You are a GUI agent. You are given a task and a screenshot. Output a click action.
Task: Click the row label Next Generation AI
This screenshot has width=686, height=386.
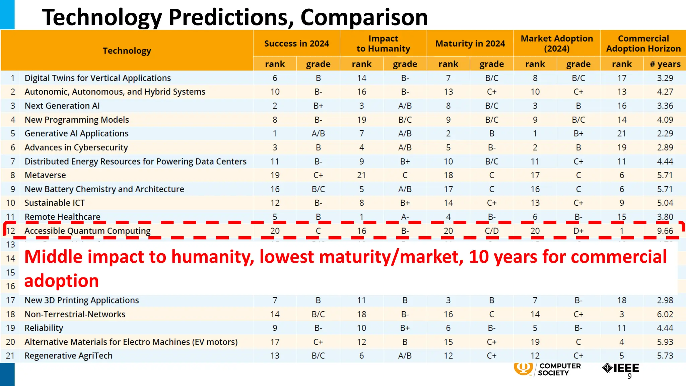pos(62,106)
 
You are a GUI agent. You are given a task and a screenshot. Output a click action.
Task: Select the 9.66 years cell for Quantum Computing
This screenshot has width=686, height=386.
pos(665,231)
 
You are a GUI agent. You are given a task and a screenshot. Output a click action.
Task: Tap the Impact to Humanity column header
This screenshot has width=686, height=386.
pos(383,44)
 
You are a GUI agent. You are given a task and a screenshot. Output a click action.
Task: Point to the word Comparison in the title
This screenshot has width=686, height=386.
pos(364,17)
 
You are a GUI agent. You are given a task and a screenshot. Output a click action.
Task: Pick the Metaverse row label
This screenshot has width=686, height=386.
pos(45,175)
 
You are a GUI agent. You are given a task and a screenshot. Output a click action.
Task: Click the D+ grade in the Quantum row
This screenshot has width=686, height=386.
pos(578,231)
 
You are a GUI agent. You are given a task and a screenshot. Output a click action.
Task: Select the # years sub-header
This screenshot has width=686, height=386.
pos(665,64)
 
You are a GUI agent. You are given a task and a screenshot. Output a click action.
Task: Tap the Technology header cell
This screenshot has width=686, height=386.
pos(127,51)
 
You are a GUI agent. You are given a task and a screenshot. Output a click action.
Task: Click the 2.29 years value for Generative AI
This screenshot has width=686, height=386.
pos(665,134)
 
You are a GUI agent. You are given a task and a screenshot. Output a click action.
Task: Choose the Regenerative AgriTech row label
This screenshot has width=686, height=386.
pos(68,356)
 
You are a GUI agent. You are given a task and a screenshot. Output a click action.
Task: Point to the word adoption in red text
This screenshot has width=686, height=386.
pos(61,280)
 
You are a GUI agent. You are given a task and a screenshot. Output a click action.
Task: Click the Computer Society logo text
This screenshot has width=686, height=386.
pos(559,369)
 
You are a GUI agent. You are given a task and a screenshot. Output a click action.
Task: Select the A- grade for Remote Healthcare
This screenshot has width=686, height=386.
pos(405,217)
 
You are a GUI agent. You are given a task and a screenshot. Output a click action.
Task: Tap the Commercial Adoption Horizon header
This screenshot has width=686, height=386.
pos(643,44)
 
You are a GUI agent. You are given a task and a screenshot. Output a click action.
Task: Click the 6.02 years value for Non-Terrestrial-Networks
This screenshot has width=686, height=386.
pos(665,314)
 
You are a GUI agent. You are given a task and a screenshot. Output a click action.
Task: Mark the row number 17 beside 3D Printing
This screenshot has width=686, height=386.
pos(10,300)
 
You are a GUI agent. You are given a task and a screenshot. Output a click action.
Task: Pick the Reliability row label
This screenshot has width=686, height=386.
pos(44,328)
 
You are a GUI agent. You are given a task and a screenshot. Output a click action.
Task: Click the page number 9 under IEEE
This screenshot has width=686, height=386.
pos(629,376)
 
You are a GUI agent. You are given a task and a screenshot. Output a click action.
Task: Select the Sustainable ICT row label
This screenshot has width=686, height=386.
pos(55,203)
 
